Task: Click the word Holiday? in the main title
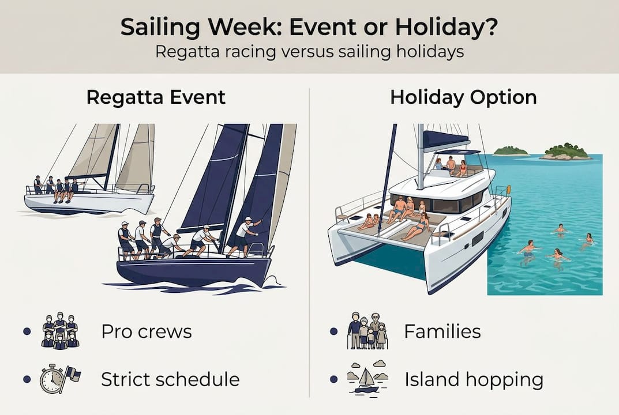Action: pyautogui.click(x=447, y=27)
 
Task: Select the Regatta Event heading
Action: pyautogui.click(x=156, y=97)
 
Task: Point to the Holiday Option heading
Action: pyautogui.click(x=463, y=97)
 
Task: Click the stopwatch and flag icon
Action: pyautogui.click(x=60, y=379)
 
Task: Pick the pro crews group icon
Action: pyautogui.click(x=60, y=331)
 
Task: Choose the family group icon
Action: pyautogui.click(x=367, y=331)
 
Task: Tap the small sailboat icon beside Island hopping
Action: pyautogui.click(x=367, y=378)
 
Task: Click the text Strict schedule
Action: pyautogui.click(x=170, y=379)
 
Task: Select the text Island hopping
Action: pyautogui.click(x=474, y=380)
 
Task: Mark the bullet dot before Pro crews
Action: pyautogui.click(x=27, y=331)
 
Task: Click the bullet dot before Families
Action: pyautogui.click(x=333, y=331)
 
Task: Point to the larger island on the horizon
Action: pyautogui.click(x=565, y=152)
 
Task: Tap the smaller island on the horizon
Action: pyautogui.click(x=511, y=151)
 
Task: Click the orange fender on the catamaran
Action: pyautogui.click(x=508, y=189)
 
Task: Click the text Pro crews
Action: pyautogui.click(x=147, y=331)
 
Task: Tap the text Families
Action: pyautogui.click(x=442, y=331)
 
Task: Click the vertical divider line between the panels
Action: pyautogui.click(x=309, y=243)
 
